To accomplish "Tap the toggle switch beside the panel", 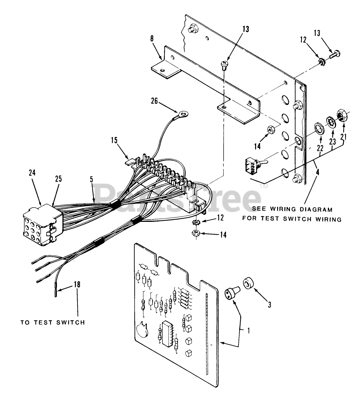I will coord(252,166).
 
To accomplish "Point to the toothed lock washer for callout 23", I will coord(331,122).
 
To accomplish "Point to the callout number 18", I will coord(77,284).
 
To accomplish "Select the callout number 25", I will coord(59,179).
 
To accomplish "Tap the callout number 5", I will coord(91,180).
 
